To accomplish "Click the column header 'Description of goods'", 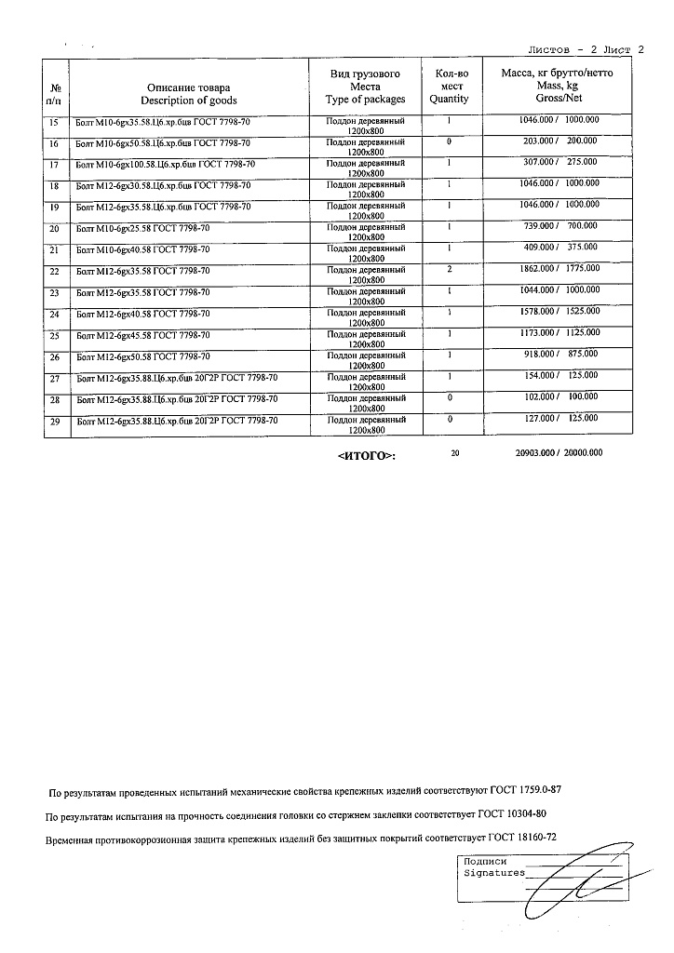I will (189, 100).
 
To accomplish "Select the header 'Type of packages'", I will (366, 99).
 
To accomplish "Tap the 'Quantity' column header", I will (449, 99).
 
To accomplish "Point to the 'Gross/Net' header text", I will (559, 97).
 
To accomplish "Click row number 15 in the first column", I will (54, 122).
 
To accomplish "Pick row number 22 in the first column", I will (54, 271).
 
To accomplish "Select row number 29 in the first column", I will (54, 422).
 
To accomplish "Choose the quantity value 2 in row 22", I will (449, 269).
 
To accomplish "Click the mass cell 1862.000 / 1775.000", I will (559, 269).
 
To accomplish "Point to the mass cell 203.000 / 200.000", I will (559, 141).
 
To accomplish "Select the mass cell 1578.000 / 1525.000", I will (559, 312).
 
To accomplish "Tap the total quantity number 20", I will (455, 453).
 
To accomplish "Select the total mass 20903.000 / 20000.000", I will (559, 453).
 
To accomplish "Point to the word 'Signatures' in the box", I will (494, 873).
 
